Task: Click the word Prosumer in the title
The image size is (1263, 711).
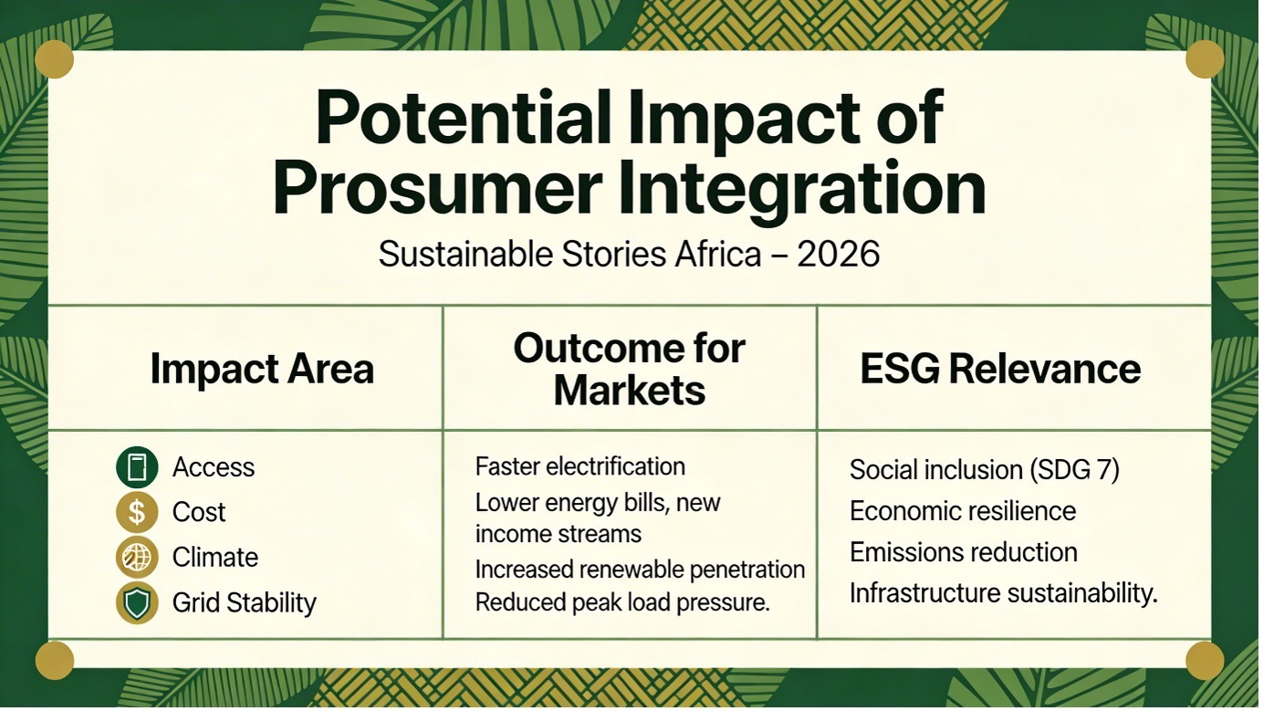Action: [x=436, y=186]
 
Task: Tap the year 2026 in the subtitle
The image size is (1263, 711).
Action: [x=839, y=254]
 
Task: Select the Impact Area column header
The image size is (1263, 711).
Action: [x=262, y=369]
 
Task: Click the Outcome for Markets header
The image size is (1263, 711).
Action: [x=630, y=370]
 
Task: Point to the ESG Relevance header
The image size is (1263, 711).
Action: [x=1000, y=369]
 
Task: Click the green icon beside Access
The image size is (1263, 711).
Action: [x=137, y=467]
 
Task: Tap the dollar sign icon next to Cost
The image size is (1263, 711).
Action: [x=137, y=512]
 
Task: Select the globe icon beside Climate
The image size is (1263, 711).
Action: [x=137, y=557]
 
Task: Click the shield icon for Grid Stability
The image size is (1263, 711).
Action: [x=137, y=602]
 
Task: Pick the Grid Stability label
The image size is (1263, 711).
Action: [x=245, y=602]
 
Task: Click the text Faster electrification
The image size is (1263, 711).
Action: [x=580, y=466]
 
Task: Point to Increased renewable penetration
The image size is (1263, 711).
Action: [x=640, y=570]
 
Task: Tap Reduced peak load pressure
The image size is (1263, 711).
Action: [x=622, y=602]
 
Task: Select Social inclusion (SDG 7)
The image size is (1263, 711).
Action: [x=985, y=470]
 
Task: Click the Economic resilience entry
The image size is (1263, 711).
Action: [x=963, y=511]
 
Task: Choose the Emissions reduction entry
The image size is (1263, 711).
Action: [x=964, y=552]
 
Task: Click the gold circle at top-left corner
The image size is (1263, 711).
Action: [x=54, y=59]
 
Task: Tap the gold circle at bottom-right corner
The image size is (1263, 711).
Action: [x=1205, y=660]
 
